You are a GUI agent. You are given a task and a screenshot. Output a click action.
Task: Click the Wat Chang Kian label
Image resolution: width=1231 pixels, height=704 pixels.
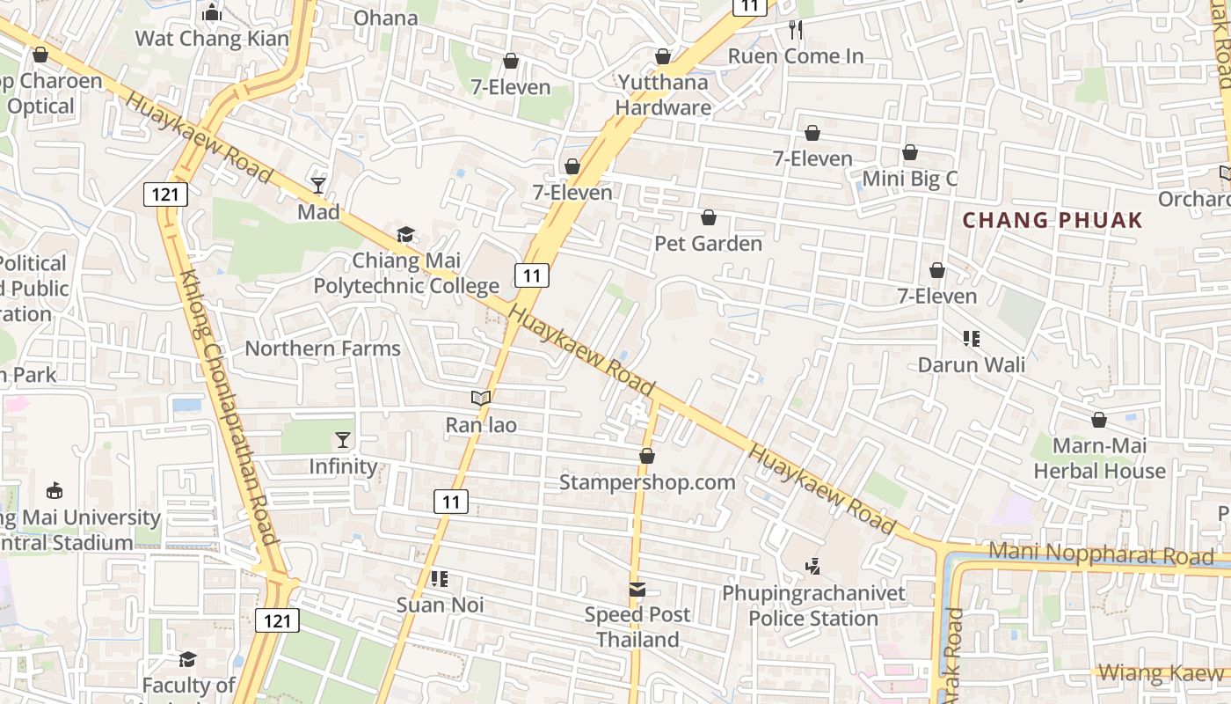[x=212, y=39]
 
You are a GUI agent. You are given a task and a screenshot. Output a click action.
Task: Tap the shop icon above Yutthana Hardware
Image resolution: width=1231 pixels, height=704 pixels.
[x=663, y=57]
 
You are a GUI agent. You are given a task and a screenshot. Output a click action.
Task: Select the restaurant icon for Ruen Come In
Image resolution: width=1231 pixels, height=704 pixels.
[x=796, y=30]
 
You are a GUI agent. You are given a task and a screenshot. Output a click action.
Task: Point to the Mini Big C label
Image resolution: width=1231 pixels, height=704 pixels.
[x=910, y=180]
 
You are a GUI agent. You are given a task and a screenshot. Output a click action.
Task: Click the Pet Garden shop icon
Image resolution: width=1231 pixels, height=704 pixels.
[x=709, y=217]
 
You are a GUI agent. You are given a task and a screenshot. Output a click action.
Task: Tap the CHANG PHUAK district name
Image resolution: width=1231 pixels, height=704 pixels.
[x=1053, y=220]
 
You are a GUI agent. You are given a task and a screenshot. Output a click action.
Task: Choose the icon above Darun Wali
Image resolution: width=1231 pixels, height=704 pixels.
[x=972, y=339]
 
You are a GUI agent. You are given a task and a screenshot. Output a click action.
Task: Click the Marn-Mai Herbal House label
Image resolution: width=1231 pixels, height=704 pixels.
[x=1099, y=458]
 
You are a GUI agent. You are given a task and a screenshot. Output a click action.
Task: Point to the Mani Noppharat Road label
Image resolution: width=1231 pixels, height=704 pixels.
[x=1101, y=554]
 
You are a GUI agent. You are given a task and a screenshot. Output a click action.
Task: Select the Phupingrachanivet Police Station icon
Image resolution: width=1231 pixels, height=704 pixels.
[x=813, y=567]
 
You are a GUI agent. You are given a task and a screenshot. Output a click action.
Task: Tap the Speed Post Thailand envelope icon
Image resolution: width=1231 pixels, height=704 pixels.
[x=637, y=590]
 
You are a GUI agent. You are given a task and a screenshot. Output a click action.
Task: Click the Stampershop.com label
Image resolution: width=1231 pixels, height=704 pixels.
[x=647, y=482]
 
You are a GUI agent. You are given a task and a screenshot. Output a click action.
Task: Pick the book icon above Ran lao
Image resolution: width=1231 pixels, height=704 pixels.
[x=480, y=399]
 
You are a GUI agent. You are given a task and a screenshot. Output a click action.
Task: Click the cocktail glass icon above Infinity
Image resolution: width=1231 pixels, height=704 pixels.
[x=343, y=440]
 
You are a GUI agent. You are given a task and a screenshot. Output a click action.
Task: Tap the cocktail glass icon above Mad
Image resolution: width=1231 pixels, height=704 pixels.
[x=318, y=186]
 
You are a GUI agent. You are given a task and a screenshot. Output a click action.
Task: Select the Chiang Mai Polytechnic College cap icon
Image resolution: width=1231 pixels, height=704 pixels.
[x=405, y=234]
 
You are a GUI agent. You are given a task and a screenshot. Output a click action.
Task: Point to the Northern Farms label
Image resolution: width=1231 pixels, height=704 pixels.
[x=323, y=348]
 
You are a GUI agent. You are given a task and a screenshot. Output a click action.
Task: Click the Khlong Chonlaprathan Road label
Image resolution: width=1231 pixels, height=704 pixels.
[x=229, y=405]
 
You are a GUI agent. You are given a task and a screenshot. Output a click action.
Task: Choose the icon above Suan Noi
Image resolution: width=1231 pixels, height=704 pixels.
[x=440, y=579]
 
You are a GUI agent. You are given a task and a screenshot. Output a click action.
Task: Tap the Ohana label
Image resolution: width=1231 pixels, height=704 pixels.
[x=385, y=18]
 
